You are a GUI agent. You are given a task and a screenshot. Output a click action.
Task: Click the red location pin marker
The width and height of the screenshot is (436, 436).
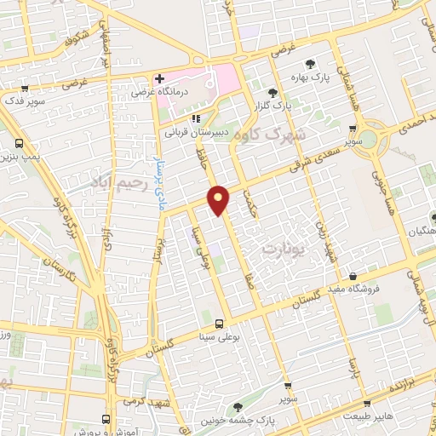coord(220,199)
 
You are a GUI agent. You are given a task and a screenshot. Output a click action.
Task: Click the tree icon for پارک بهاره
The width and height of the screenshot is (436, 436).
coord(310,63)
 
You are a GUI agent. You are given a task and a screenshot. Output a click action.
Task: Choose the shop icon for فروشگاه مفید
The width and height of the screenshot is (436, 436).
coord(353,275)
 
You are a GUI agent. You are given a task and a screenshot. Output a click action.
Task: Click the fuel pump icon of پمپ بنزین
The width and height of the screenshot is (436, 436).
coord(19,143)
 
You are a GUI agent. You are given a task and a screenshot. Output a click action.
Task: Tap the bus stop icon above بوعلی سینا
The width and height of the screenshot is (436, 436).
coord(219,324)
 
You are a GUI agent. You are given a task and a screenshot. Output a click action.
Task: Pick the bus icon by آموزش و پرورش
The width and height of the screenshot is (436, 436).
coord(106,419)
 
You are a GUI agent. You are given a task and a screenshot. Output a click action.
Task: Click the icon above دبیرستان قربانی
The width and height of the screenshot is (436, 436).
coord(198,119)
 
